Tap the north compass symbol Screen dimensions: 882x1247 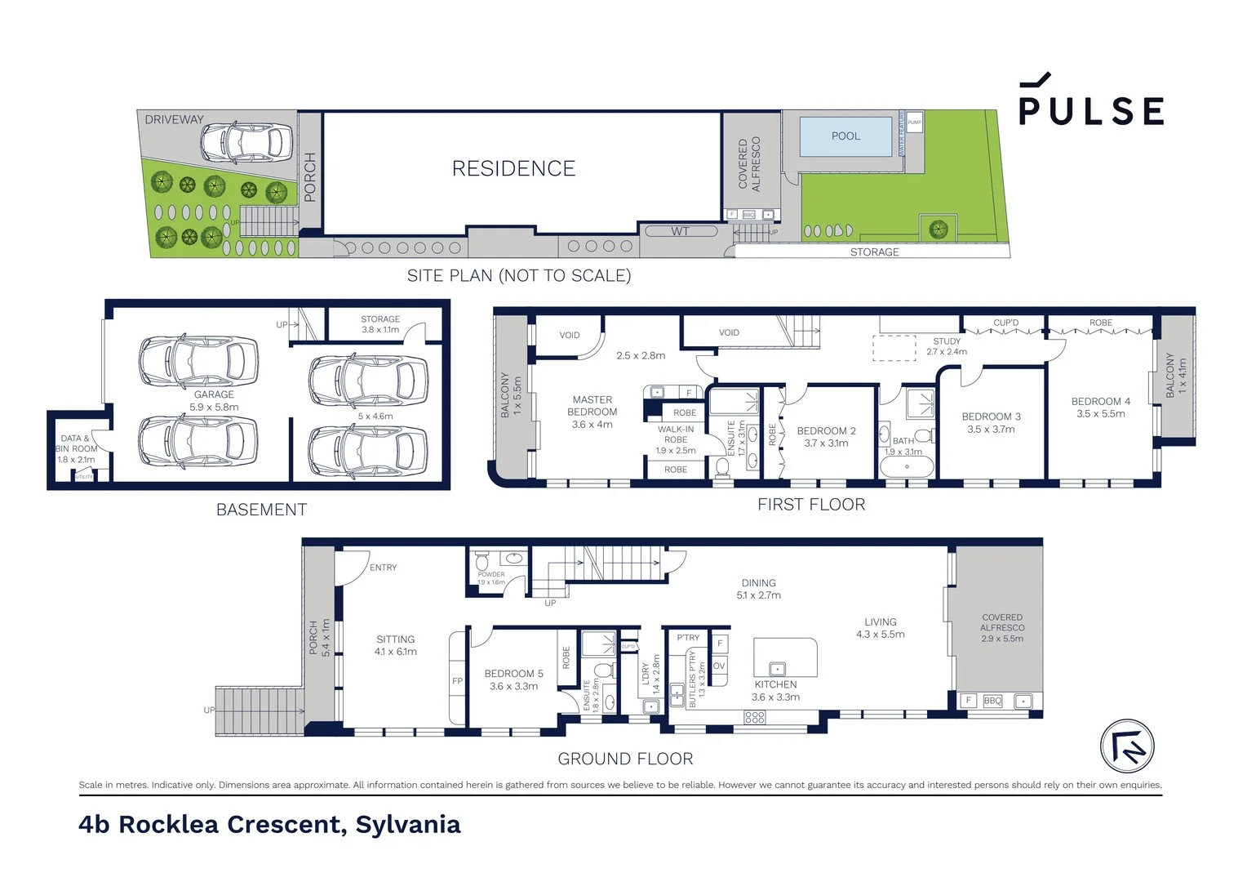point(1127,746)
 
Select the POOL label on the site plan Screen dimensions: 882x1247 point(845,136)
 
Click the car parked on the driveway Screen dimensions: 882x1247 point(246,142)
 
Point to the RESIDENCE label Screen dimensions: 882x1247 point(513,169)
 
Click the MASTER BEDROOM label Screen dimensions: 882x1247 point(592,406)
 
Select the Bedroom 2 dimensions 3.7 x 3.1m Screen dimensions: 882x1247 point(826,443)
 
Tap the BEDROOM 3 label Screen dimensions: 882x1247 point(991,416)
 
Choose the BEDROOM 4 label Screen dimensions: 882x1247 point(1100,401)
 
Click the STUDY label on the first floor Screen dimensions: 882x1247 point(947,341)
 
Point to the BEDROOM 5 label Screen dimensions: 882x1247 point(513,674)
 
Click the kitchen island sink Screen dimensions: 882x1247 point(777,669)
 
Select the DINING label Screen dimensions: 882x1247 point(758,583)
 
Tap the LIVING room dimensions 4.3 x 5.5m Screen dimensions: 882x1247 point(880,635)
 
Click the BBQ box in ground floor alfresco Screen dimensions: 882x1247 point(992,701)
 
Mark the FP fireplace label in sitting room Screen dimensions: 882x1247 point(457,681)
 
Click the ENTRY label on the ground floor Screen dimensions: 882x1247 point(383,568)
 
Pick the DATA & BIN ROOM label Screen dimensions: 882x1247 point(75,443)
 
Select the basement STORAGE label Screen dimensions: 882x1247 point(380,319)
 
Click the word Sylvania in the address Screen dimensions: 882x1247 point(408,825)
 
